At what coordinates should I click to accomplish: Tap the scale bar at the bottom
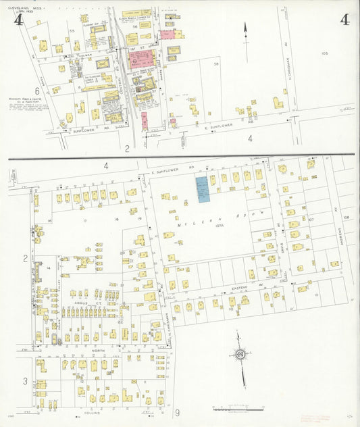pyautogui.click(x=237, y=409)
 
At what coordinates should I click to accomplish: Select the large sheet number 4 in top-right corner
pyautogui.click(x=344, y=20)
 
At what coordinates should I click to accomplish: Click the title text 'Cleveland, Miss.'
pyautogui.click(x=24, y=9)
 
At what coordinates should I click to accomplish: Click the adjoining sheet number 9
pyautogui.click(x=177, y=413)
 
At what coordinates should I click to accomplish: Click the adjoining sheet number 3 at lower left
pyautogui.click(x=26, y=382)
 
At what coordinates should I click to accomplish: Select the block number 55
pyautogui.click(x=71, y=31)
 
